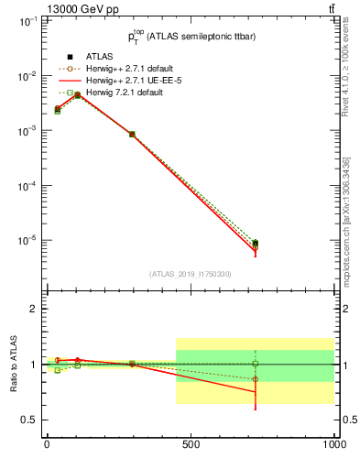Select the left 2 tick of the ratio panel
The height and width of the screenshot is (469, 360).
[x=34, y=310]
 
